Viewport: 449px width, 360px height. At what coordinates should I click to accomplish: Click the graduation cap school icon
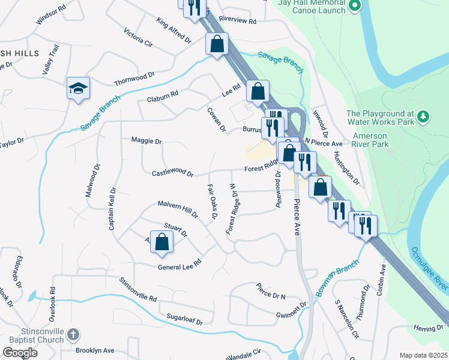(x=78, y=88)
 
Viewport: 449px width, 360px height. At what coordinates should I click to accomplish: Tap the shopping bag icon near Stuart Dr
(x=161, y=242)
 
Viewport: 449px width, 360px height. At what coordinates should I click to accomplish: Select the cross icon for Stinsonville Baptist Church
(x=72, y=334)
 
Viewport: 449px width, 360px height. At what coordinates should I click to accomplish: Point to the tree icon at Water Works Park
(x=423, y=115)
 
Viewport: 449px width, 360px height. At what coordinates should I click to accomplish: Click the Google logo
(x=20, y=353)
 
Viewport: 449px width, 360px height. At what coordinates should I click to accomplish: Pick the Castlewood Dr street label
(x=173, y=173)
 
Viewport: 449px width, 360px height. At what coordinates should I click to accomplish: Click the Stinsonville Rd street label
(x=137, y=289)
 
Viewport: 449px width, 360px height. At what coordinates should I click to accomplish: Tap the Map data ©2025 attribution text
(x=423, y=355)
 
